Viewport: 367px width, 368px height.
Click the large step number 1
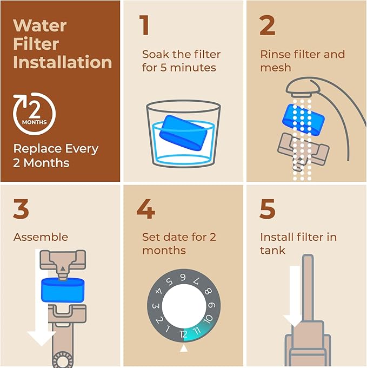coord(144,26)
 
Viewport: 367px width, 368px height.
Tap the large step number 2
coord(267,26)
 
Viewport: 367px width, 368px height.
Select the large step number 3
coord(21,209)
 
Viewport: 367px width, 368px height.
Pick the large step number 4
coord(146,209)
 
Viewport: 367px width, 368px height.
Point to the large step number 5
coord(267,209)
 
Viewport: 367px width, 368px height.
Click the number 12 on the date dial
coord(184,334)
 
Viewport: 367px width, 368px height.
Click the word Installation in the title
coord(62,62)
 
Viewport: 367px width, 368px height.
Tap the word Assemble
coord(41,237)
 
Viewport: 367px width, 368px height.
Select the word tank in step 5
coord(272,251)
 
